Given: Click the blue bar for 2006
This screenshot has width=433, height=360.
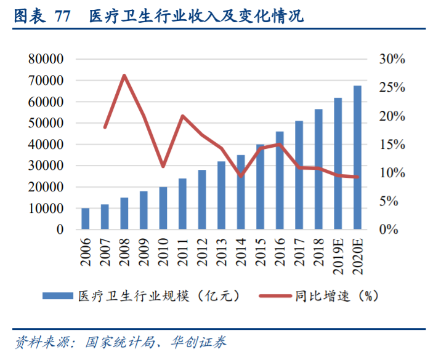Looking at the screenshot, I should tap(86, 219).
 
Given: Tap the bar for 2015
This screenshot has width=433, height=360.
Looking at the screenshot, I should tap(260, 187).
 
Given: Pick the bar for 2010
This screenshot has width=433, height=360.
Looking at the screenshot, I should tap(163, 209).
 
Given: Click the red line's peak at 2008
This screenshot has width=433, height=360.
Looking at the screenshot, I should tap(124, 76).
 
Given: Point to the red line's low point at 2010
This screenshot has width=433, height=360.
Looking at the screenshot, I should tap(163, 167).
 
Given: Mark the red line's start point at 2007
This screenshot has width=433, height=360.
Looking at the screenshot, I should tap(105, 127).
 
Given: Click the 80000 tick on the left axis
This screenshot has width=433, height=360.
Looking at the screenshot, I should tap(46, 59).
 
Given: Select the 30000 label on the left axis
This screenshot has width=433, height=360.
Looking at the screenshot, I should tap(46, 166).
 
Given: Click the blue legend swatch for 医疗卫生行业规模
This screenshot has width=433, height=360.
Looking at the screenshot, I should tap(59, 296).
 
